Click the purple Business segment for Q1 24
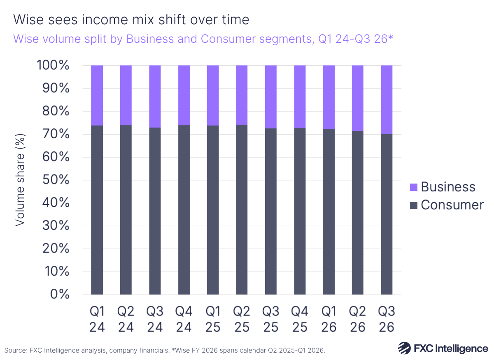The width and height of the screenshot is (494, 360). (x=97, y=95)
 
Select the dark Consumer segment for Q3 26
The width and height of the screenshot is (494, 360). (x=387, y=214)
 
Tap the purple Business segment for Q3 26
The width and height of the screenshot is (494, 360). (x=387, y=100)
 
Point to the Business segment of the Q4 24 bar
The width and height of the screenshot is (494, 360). (x=184, y=95)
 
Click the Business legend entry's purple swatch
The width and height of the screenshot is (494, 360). (x=413, y=187)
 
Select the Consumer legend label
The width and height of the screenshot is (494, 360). (x=452, y=205)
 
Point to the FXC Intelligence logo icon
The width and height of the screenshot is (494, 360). (x=404, y=348)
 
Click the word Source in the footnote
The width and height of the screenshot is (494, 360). (x=15, y=350)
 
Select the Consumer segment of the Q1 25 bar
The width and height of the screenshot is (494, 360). (x=212, y=210)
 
